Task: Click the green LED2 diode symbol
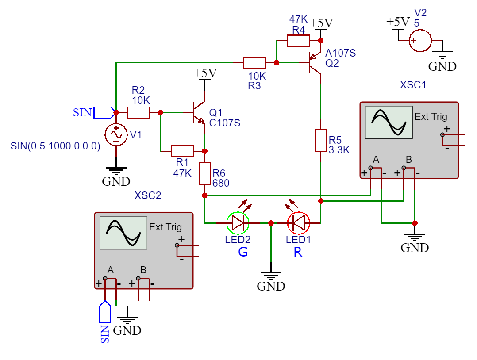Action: pyautogui.click(x=238, y=223)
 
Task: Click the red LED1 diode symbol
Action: pyautogui.click(x=299, y=223)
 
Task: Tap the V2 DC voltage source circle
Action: pyautogui.click(x=419, y=41)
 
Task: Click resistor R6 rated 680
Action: pyautogui.click(x=204, y=173)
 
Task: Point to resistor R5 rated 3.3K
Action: pyautogui.click(x=321, y=140)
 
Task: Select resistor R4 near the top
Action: pyautogui.click(x=299, y=41)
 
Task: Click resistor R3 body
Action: pyautogui.click(x=254, y=63)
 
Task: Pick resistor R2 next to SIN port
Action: pyautogui.click(x=138, y=112)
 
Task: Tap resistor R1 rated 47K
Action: pyautogui.click(x=182, y=151)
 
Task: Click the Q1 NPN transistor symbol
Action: pyautogui.click(x=198, y=113)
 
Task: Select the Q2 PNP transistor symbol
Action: pyautogui.click(x=315, y=63)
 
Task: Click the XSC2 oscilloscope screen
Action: pyautogui.click(x=123, y=233)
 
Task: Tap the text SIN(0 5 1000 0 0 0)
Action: pyautogui.click(x=56, y=146)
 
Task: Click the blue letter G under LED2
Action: pyautogui.click(x=243, y=253)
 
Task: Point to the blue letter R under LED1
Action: pyautogui.click(x=298, y=253)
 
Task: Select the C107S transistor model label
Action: pyautogui.click(x=224, y=123)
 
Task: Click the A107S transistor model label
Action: pyautogui.click(x=341, y=54)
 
